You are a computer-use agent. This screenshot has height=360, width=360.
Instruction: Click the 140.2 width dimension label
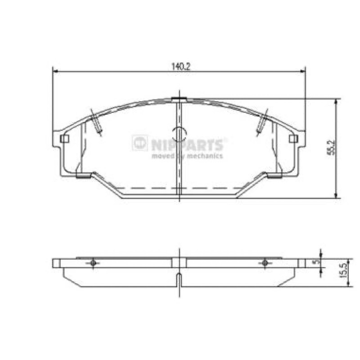tap(181, 67)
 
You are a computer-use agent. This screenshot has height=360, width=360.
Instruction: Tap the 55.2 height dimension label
tap(331, 148)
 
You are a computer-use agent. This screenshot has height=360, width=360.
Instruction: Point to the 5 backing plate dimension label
tap(317, 261)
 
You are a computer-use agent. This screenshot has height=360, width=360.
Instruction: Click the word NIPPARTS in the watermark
tap(187, 145)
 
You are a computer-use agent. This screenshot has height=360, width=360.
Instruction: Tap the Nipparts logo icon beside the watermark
tap(139, 143)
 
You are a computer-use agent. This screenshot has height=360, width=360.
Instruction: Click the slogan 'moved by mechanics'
tap(187, 156)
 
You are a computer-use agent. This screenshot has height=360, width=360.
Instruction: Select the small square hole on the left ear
tap(64, 139)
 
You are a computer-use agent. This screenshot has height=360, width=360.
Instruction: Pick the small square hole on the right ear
tap(293, 139)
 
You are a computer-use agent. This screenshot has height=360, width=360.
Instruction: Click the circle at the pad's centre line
tap(180, 134)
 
